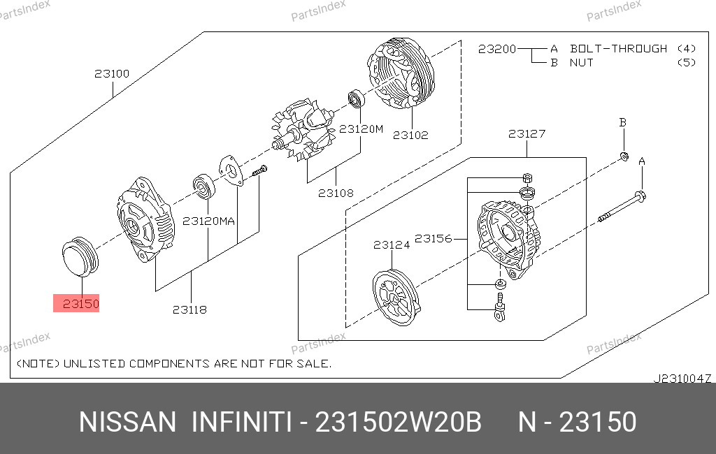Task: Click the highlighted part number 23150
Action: tap(81, 304)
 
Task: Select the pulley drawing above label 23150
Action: tap(80, 257)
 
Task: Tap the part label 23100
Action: tap(112, 73)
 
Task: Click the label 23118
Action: tap(189, 310)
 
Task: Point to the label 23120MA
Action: tap(208, 221)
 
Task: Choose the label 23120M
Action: tap(361, 129)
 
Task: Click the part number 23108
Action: tap(336, 193)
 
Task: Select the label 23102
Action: tap(410, 135)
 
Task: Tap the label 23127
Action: tap(527, 133)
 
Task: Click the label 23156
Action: tap(433, 238)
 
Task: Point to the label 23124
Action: tap(392, 245)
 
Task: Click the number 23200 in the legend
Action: tap(497, 49)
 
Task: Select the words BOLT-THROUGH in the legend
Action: tap(618, 48)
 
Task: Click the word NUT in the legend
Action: tap(581, 62)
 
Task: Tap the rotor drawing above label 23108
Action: tap(303, 131)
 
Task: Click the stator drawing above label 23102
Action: tap(401, 73)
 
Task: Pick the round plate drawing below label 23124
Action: tap(396, 298)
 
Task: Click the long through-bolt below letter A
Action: tap(622, 207)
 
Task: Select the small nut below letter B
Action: tap(624, 156)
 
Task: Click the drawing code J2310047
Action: tap(682, 379)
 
